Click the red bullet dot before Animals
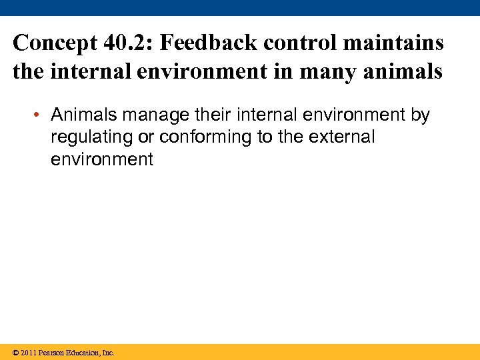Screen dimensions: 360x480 pos(40,115)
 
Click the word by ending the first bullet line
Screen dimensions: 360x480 pos(420,115)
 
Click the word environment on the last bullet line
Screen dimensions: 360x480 pos(102,159)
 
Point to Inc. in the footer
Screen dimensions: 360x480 pos(107,353)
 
